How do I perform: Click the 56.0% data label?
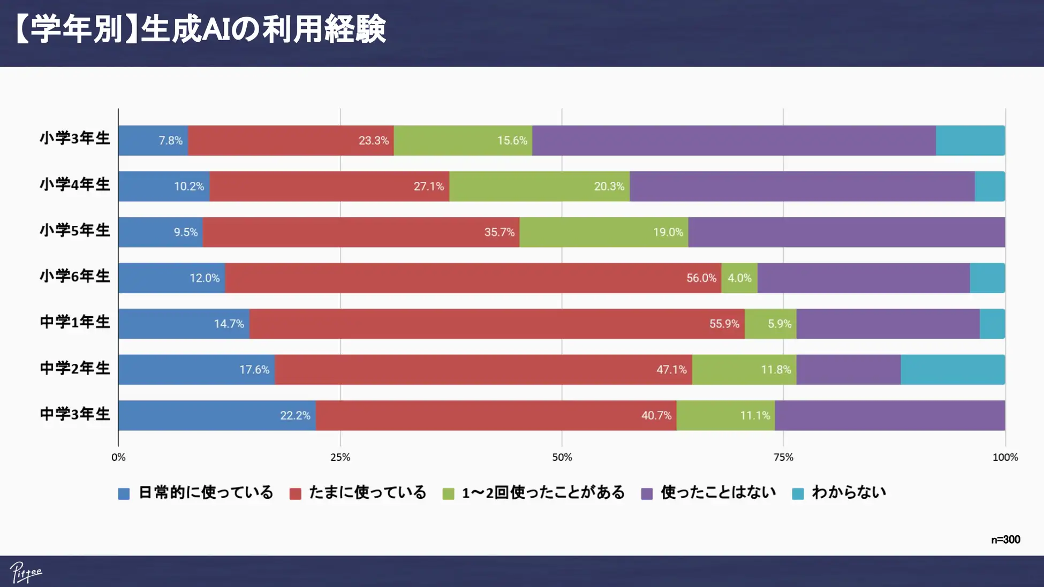click(x=701, y=278)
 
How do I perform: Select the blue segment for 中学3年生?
click(x=217, y=415)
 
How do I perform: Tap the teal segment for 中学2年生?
click(x=952, y=370)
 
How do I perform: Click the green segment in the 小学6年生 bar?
click(x=739, y=278)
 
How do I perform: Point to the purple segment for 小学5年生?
click(x=846, y=232)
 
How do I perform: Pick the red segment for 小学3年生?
click(x=291, y=141)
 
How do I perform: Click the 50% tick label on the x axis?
click(x=562, y=458)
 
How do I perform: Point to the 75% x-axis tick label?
click(x=783, y=458)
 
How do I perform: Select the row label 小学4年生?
click(x=75, y=185)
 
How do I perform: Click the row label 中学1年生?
click(x=75, y=322)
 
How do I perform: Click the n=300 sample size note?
click(x=1005, y=540)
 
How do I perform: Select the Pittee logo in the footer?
click(x=26, y=573)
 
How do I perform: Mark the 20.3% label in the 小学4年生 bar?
click(x=609, y=187)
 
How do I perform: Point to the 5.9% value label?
click(x=779, y=324)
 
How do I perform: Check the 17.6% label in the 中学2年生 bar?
click(x=254, y=370)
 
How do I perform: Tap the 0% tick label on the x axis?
click(x=118, y=458)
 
